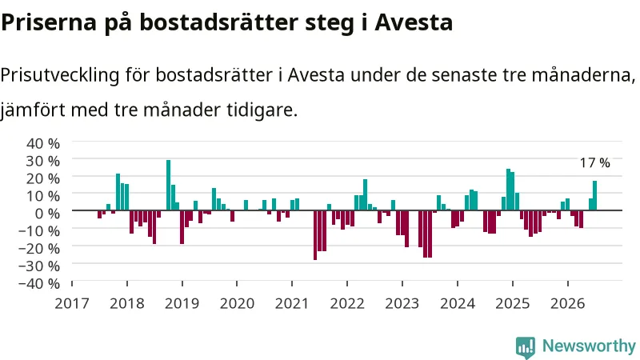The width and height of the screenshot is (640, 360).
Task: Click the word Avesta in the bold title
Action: pyautogui.click(x=414, y=22)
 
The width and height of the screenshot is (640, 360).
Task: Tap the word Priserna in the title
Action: pyautogui.click(x=49, y=22)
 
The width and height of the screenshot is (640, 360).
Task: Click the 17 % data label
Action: pyautogui.click(x=594, y=163)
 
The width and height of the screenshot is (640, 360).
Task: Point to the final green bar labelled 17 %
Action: pyautogui.click(x=594, y=195)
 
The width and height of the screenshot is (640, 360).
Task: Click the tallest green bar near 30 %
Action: pyautogui.click(x=168, y=185)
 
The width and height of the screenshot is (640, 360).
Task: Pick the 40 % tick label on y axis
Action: pyautogui.click(x=43, y=144)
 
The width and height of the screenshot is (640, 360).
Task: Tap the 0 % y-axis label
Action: pyautogui.click(x=47, y=213)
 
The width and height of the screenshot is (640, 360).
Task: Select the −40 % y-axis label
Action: pyautogui.click(x=39, y=283)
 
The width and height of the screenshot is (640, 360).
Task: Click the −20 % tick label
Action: pyautogui.click(x=39, y=248)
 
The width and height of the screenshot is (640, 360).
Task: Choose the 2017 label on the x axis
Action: pyautogui.click(x=72, y=303)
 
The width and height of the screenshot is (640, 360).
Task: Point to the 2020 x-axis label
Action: pyautogui.click(x=237, y=303)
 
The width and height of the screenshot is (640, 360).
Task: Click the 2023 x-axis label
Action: pyautogui.click(x=402, y=303)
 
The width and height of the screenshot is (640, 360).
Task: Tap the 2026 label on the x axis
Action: pyautogui.click(x=568, y=303)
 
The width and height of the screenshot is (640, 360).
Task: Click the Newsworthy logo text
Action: pyautogui.click(x=589, y=346)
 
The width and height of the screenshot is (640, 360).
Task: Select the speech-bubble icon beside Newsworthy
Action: pyautogui.click(x=526, y=347)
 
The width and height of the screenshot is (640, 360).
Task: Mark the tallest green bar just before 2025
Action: pyautogui.click(x=509, y=190)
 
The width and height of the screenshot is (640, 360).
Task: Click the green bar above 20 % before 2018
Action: pyautogui.click(x=118, y=192)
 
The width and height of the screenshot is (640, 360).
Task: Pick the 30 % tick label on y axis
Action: pyautogui.click(x=43, y=162)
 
